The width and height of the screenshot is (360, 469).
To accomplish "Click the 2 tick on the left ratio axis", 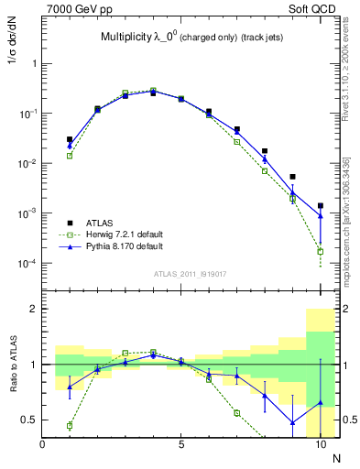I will [x=34, y=310].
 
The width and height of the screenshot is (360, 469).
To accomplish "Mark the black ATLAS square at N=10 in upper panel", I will [x=321, y=206].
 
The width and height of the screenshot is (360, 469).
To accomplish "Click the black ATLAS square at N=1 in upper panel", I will [x=70, y=139].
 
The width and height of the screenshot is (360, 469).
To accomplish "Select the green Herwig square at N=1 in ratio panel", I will [x=70, y=425].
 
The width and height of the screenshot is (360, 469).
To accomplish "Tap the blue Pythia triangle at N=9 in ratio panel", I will [x=292, y=422].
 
